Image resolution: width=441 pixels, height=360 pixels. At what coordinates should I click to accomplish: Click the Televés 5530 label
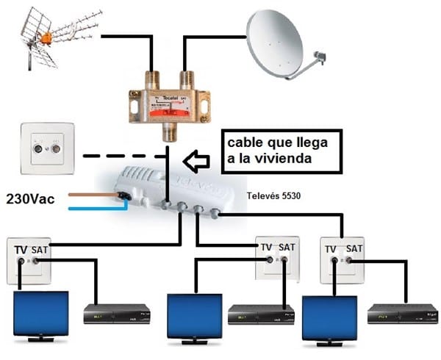click(273, 195)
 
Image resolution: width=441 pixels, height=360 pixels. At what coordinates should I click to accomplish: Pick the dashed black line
click(118, 156)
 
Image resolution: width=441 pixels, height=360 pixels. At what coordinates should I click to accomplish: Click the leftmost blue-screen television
click(41, 314)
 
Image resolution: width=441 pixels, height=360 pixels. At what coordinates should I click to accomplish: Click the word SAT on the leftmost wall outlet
click(40, 251)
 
